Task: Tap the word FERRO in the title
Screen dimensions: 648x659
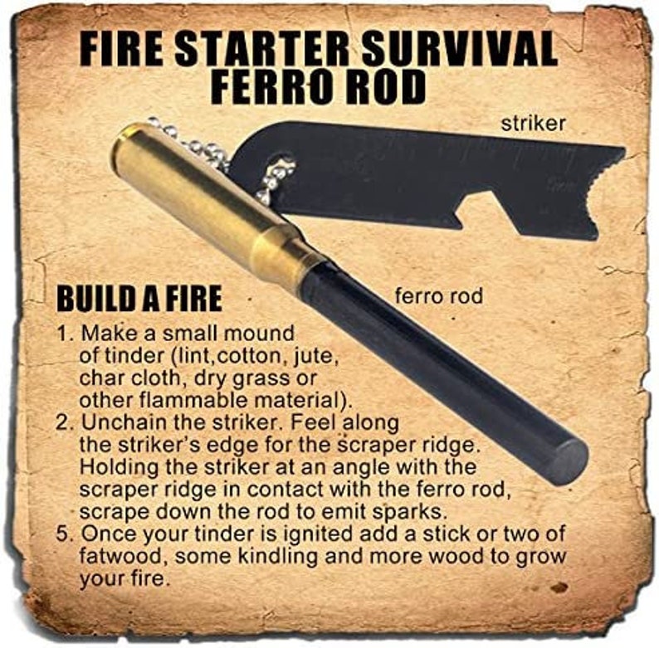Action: pos(271,86)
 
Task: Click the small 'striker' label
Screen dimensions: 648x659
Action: pos(534,124)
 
